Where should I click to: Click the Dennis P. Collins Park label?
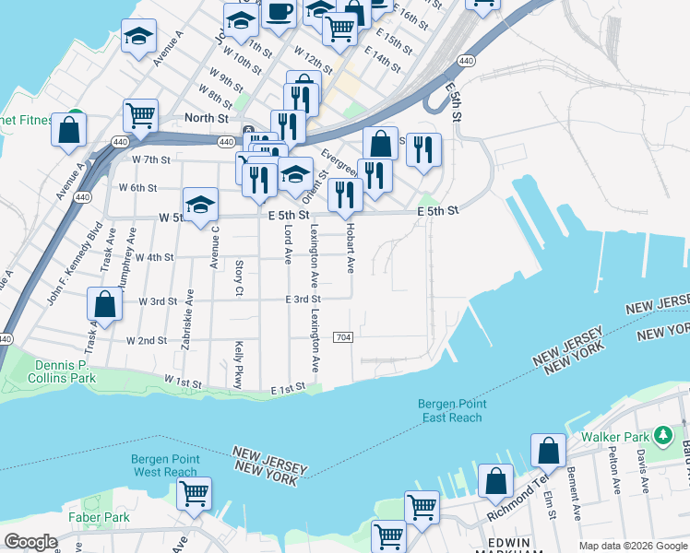[62, 371]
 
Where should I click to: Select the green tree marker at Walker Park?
[661, 434]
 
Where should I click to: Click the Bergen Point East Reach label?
[450, 410]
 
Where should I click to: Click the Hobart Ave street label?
[351, 248]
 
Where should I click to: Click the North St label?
[206, 118]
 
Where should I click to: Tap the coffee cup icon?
[279, 12]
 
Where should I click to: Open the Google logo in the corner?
[30, 542]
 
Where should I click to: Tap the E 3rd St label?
[303, 300]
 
